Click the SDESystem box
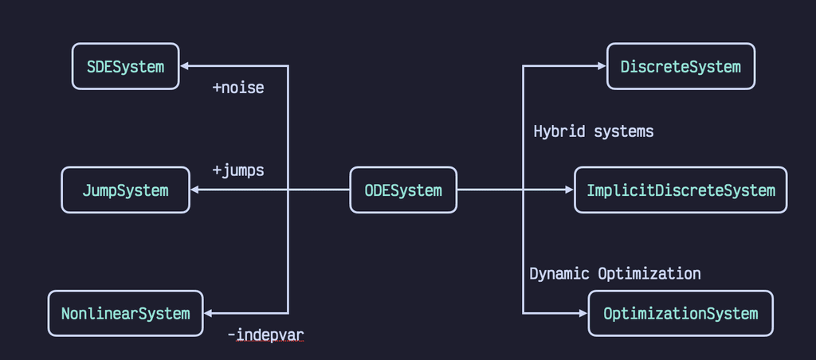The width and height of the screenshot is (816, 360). [126, 66]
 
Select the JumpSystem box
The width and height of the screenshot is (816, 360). [126, 190]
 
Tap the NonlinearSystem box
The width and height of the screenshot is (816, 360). [126, 313]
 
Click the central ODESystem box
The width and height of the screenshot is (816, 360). [403, 190]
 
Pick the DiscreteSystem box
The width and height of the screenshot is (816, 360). [681, 66]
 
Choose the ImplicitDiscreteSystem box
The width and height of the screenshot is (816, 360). [681, 190]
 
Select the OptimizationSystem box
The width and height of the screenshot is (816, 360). [681, 313]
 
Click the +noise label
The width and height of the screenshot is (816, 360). [237, 88]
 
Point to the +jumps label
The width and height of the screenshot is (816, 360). [237, 170]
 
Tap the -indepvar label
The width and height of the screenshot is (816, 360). [265, 335]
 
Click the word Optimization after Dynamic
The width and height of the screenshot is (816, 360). [649, 274]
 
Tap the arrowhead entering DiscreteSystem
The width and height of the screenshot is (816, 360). [602, 66]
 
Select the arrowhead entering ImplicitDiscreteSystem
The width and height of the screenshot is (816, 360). [569, 190]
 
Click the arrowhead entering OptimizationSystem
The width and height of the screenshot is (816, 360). [583, 313]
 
